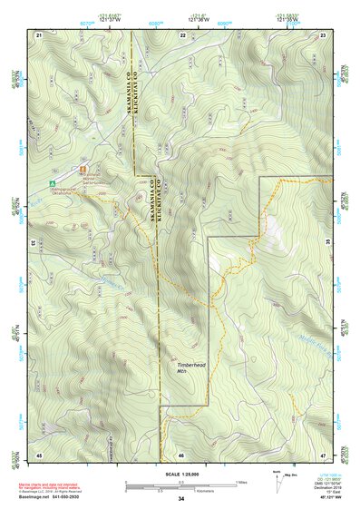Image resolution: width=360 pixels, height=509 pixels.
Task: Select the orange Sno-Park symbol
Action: (x=83, y=170)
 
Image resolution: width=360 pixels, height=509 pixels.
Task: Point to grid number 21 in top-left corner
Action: (x=39, y=34)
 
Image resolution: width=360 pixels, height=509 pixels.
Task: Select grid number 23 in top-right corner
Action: (x=325, y=34)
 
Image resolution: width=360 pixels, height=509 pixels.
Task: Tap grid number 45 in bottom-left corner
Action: (x=39, y=453)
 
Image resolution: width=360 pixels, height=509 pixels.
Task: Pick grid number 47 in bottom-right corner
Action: (x=325, y=453)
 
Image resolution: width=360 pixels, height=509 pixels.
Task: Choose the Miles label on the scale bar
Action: (x=242, y=481)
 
